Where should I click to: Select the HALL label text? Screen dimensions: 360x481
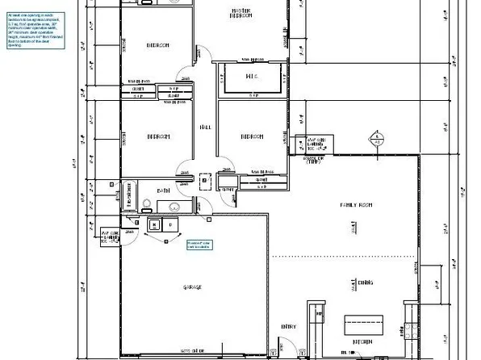click(x=206, y=127)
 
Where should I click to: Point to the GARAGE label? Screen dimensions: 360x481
click(x=191, y=287)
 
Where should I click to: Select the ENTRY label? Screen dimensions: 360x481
click(x=288, y=326)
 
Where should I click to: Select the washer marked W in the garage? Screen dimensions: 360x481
click(x=155, y=224)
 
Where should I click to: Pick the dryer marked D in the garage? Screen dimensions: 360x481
click(x=172, y=224)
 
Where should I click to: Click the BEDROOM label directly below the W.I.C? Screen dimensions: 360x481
click(x=251, y=137)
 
